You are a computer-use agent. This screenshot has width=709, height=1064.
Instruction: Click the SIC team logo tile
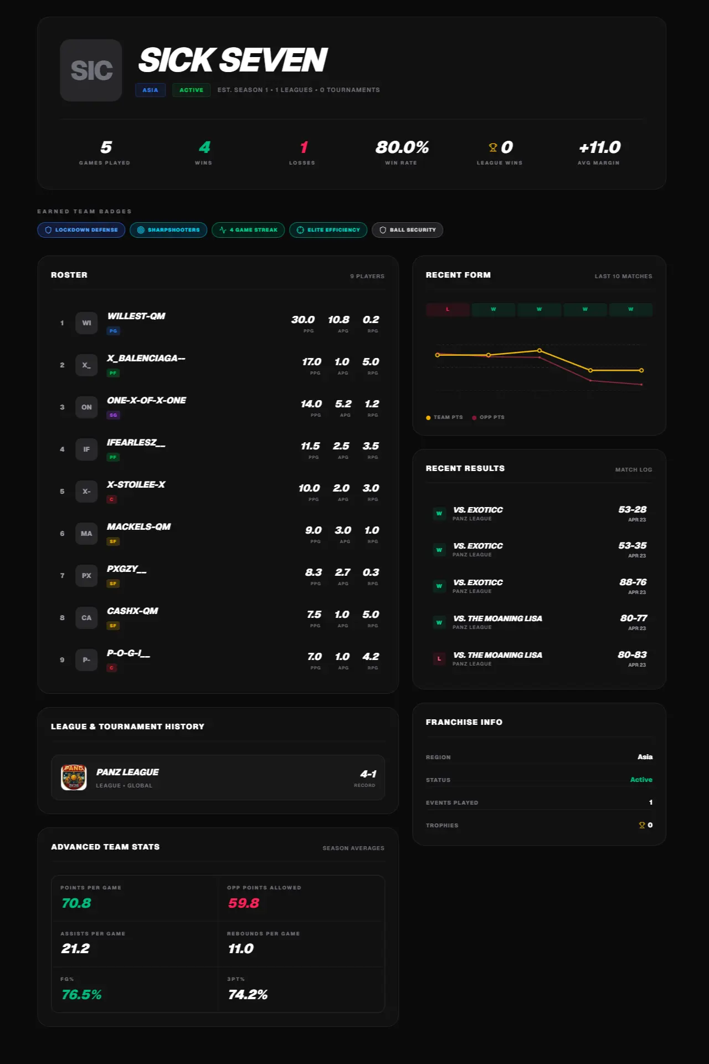click(91, 70)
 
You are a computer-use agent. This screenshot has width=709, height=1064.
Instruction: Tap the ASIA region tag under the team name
click(150, 90)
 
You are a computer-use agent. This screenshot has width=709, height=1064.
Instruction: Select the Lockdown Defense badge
click(81, 230)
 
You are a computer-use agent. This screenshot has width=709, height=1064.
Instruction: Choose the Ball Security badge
click(407, 230)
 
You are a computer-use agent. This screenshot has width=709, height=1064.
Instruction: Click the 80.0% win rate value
click(402, 147)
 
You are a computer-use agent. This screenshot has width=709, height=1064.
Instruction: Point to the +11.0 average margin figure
click(599, 147)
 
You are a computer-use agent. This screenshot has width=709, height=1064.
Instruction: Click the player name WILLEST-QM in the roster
click(136, 316)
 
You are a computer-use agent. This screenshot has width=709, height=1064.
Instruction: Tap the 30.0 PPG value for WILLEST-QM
click(303, 320)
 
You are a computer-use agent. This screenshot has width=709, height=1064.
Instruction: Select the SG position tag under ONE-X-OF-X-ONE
click(113, 415)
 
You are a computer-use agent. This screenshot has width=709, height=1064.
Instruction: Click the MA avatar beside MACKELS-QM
click(86, 534)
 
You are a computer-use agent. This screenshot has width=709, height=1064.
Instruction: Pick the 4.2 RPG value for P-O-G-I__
click(371, 657)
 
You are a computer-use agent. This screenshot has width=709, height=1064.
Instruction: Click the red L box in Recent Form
click(448, 309)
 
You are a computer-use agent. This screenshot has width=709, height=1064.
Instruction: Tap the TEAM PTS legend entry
click(444, 417)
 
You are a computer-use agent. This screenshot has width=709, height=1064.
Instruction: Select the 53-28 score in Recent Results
click(632, 509)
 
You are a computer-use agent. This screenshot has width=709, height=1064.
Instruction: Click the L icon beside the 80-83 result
click(439, 659)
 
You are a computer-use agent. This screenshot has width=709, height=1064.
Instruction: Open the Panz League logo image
click(74, 777)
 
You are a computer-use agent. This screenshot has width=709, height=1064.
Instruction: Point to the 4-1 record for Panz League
click(368, 774)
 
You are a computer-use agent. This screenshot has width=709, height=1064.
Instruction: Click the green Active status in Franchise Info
click(641, 780)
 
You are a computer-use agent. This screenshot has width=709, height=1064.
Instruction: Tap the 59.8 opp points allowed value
click(243, 903)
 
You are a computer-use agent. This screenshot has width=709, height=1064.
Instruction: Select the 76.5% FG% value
click(81, 995)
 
